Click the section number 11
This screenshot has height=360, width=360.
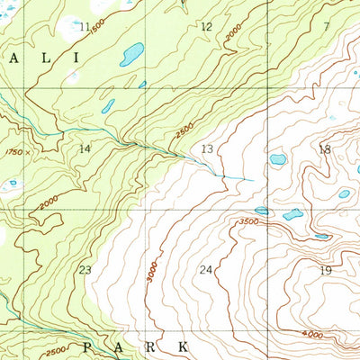point(85,27)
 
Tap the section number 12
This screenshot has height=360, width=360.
point(206,27)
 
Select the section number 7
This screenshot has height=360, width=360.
point(327,27)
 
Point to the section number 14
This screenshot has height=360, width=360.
point(85,148)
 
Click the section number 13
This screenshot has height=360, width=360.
point(207,148)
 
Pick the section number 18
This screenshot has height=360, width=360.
point(325,148)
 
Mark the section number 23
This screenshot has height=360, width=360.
point(85,270)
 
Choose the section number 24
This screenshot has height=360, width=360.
point(206,270)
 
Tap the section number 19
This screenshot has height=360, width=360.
point(325,270)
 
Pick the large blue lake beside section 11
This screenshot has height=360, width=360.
point(132,55)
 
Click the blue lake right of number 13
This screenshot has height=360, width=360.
point(278,159)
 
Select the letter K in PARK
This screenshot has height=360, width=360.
point(183,346)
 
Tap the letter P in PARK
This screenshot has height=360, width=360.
point(87,346)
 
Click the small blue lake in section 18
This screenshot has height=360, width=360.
point(343,193)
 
